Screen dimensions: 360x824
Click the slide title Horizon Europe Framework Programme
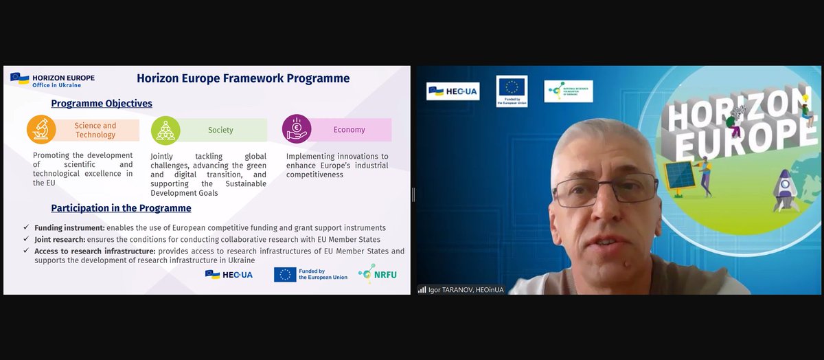(243, 78)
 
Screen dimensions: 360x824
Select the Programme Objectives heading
(102, 103)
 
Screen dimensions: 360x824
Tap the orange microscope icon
(41, 130)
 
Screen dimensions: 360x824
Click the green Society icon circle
(165, 130)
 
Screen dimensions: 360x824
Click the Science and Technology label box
(96, 130)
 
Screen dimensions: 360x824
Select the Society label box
(221, 130)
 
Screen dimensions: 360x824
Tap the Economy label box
(350, 129)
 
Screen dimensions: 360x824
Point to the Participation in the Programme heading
(121, 208)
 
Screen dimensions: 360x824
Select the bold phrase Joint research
(60, 239)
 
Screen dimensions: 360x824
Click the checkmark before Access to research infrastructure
(25, 251)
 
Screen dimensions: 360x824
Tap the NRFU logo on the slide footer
(377, 274)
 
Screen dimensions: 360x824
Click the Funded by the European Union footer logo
(310, 274)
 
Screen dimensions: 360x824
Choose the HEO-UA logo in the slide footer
(229, 274)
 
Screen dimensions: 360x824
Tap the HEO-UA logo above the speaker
(453, 91)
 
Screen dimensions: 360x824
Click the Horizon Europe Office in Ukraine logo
(53, 80)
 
